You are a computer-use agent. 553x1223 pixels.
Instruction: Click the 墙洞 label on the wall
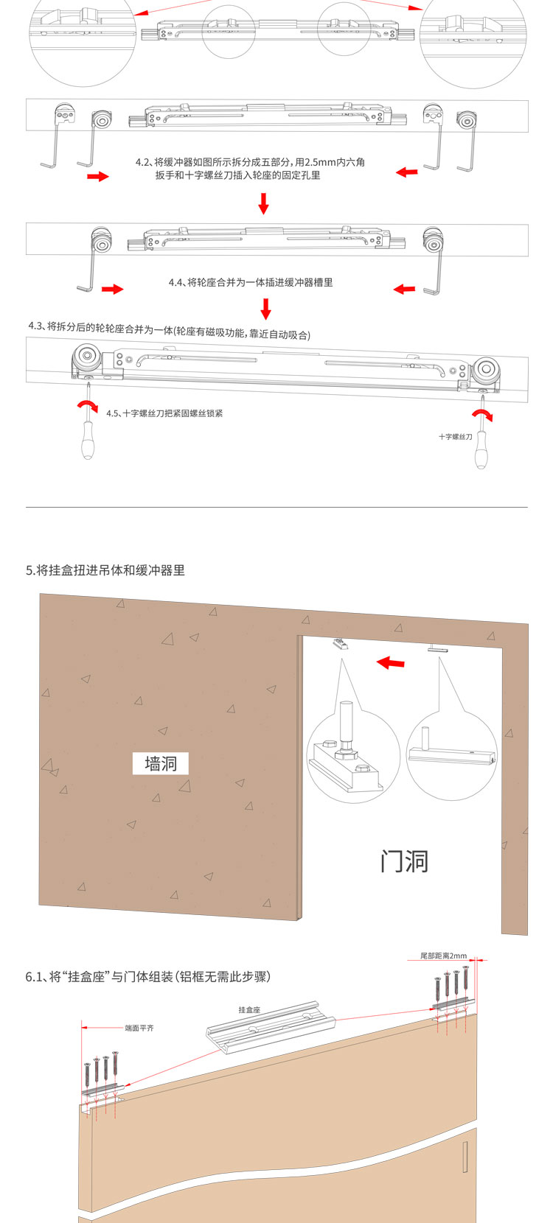tap(161, 763)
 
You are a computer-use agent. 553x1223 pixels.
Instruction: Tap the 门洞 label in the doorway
tap(404, 861)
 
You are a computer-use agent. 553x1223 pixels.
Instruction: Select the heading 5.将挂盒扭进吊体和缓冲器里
tap(105, 570)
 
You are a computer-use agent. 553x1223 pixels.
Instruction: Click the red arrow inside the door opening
tap(391, 663)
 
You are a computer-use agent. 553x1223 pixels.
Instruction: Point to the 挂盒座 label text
tap(249, 1009)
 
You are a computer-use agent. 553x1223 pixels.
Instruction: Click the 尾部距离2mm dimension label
tap(443, 956)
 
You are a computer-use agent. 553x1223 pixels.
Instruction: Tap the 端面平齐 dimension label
tap(139, 1028)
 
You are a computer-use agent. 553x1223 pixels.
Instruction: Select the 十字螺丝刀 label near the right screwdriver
tap(455, 437)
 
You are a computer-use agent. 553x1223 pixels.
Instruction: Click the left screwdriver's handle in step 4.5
tap(88, 444)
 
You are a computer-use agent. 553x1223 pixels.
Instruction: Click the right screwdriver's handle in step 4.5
tap(481, 452)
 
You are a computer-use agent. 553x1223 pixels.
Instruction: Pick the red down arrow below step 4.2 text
tap(264, 203)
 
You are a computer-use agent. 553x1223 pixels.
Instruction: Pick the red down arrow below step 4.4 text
tap(266, 309)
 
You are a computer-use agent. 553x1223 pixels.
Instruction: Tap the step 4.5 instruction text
tap(164, 413)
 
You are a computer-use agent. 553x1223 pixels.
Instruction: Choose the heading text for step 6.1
tap(148, 976)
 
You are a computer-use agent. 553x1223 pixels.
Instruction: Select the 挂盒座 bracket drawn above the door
tap(271, 1020)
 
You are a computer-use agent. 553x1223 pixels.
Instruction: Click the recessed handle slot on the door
tap(465, 1157)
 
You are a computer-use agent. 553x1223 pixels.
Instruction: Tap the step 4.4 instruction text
tap(251, 282)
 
